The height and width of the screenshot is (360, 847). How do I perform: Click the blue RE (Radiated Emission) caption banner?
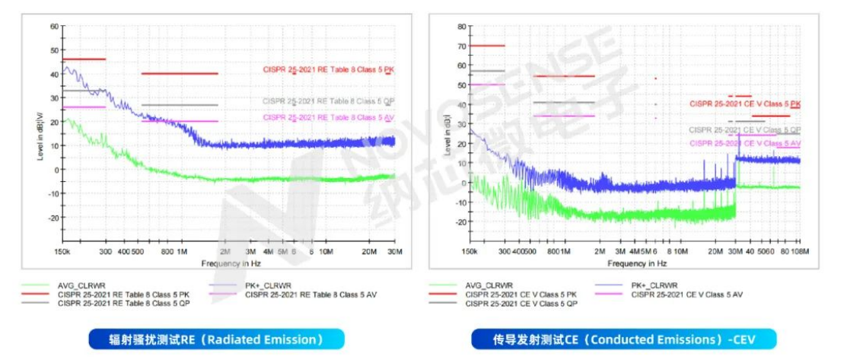click(x=216, y=339)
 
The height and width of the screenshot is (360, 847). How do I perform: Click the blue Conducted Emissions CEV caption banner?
click(x=624, y=339)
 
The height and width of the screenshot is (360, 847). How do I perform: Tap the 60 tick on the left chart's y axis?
click(x=54, y=26)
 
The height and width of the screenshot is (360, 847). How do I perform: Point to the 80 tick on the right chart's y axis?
click(x=460, y=26)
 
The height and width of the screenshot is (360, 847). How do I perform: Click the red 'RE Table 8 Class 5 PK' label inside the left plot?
click(x=327, y=70)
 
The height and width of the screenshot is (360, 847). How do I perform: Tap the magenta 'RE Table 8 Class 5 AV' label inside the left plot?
click(x=327, y=117)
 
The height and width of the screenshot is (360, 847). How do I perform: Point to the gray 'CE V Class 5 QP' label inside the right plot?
click(x=744, y=130)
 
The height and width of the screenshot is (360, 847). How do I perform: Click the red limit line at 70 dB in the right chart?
click(x=487, y=46)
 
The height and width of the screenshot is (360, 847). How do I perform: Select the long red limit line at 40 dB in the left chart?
click(x=180, y=74)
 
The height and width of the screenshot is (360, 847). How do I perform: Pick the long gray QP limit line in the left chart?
click(x=180, y=105)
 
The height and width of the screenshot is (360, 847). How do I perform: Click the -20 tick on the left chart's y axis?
click(x=53, y=218)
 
